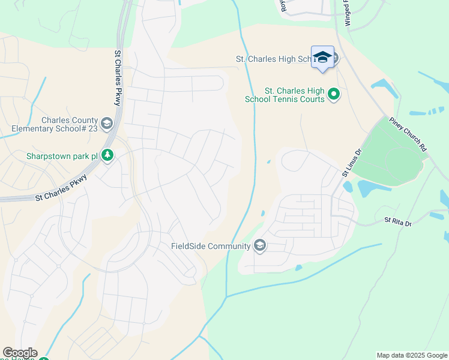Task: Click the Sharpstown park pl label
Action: point(61,156)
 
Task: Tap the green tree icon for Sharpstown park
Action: point(107,156)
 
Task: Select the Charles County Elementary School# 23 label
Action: point(55,124)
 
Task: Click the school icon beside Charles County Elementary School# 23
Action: point(107,124)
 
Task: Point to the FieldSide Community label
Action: point(210,246)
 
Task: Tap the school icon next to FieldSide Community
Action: point(259,246)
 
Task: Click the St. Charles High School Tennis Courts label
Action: point(285,94)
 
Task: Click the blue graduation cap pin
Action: point(322,58)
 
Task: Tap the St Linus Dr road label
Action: point(353,163)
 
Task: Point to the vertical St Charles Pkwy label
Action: point(118,78)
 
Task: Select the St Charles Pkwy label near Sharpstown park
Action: point(62,187)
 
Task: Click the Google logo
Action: point(20,353)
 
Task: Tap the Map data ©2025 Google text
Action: point(411,355)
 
